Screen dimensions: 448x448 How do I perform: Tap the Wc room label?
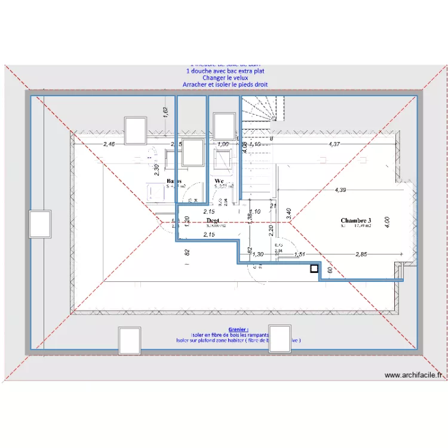pos(219,180)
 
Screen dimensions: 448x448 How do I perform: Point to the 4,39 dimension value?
pos(340,190)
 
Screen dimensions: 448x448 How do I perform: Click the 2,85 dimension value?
pos(361,254)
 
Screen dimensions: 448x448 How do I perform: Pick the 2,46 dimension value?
pos(109,144)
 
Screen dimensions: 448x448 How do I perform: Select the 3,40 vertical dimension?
pos(289,213)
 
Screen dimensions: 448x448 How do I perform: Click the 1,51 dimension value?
pos(300,254)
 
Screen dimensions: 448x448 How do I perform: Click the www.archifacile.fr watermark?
pos(413,375)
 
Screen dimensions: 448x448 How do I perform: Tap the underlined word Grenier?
pos(238,329)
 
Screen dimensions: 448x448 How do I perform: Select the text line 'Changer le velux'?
pos(225,78)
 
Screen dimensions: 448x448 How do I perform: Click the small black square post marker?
pos(314,269)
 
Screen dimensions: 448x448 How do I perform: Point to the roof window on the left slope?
pos(40,223)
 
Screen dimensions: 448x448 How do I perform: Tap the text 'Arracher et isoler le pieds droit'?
pos(225,85)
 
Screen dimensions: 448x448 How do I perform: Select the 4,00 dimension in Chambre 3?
pos(386,220)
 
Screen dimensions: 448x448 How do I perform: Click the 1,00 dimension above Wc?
pos(223,144)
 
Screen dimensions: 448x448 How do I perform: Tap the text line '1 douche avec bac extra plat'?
pos(225,71)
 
